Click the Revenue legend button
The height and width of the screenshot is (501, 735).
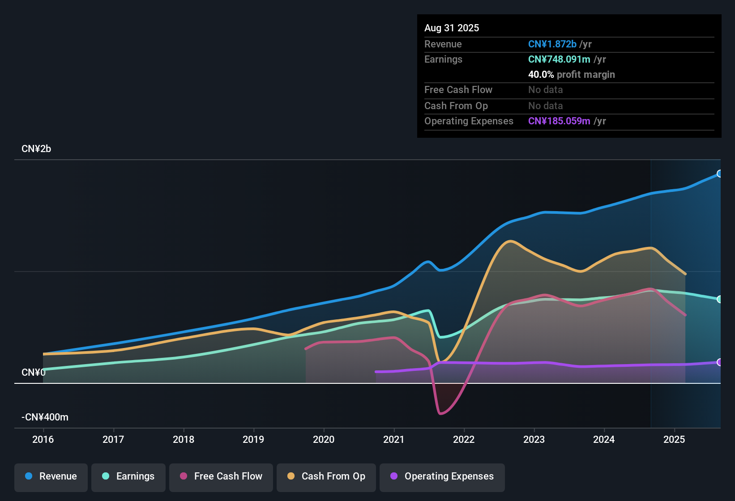[51, 476]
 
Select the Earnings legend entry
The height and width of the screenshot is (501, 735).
[128, 476]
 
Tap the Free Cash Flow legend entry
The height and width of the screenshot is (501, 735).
[221, 476]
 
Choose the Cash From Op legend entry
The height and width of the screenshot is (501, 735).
[326, 476]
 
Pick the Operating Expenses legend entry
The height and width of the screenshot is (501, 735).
[442, 476]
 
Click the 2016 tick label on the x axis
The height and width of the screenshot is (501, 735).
[43, 439]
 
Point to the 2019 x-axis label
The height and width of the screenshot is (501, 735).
[253, 439]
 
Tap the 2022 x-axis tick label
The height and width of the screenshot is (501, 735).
[464, 439]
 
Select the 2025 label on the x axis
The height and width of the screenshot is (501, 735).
[674, 439]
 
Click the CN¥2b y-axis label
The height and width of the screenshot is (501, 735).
[36, 149]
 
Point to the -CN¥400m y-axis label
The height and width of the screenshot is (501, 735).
[45, 417]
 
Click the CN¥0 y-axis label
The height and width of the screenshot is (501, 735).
[33, 373]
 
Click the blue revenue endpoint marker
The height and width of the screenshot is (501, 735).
[719, 174]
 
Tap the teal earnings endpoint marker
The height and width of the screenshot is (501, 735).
[719, 299]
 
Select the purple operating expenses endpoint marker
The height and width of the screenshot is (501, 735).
[719, 362]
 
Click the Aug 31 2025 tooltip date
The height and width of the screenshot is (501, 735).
[452, 28]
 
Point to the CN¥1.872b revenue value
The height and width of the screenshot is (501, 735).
[552, 44]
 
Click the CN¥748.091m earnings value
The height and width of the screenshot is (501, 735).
[559, 59]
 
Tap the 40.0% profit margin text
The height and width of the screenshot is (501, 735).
[571, 75]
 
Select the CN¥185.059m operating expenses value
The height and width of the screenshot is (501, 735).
[559, 121]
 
